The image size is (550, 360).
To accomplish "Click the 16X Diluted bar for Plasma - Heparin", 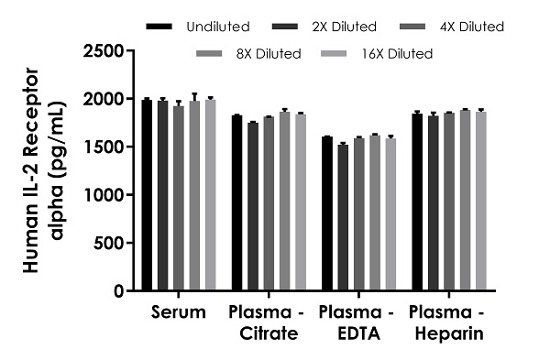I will point(479,202).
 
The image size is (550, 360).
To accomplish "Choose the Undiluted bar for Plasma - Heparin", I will point(417,202).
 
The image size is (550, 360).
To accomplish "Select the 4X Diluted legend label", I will point(468,27).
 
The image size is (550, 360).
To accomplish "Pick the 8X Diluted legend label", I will point(265,54).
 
